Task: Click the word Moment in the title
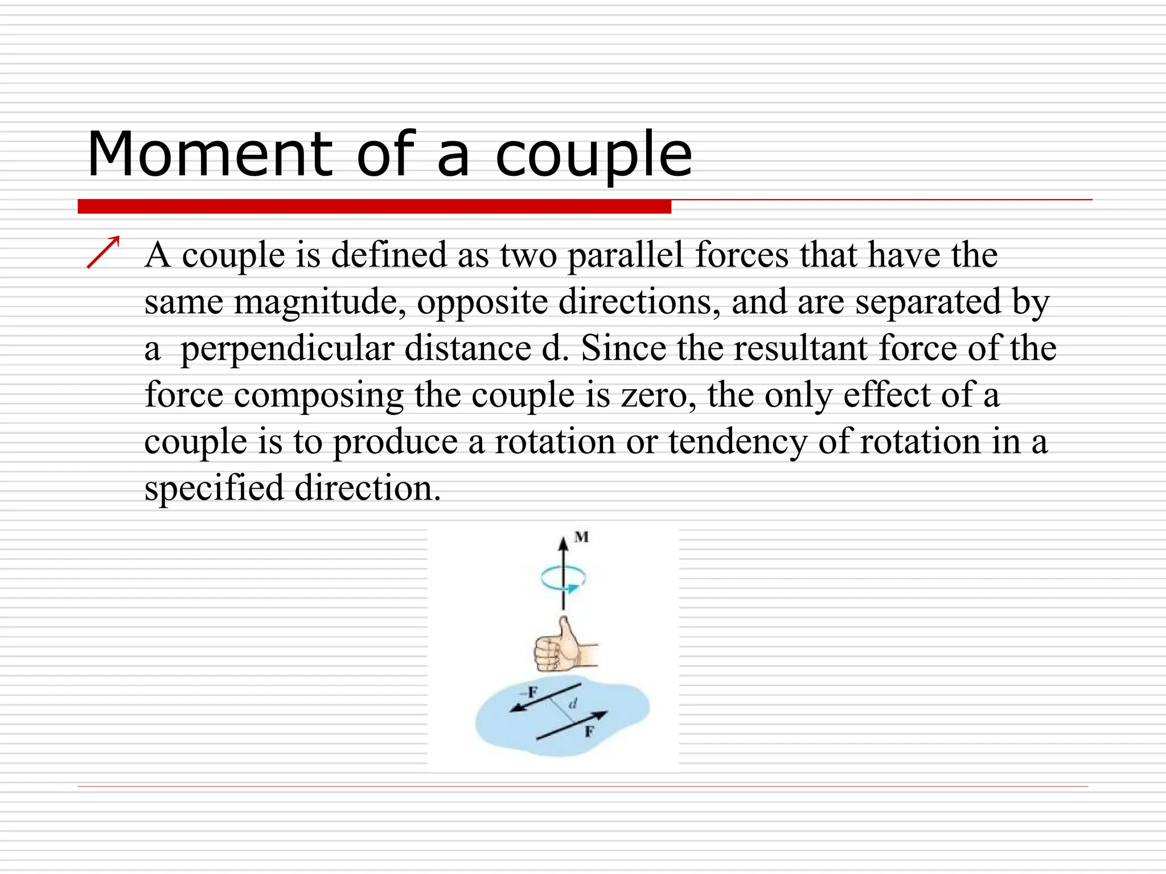210,155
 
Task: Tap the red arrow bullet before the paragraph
104,252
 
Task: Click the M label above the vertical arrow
581,537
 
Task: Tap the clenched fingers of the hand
547,654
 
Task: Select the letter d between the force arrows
573,704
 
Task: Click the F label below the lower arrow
589,732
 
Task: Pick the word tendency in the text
738,441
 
